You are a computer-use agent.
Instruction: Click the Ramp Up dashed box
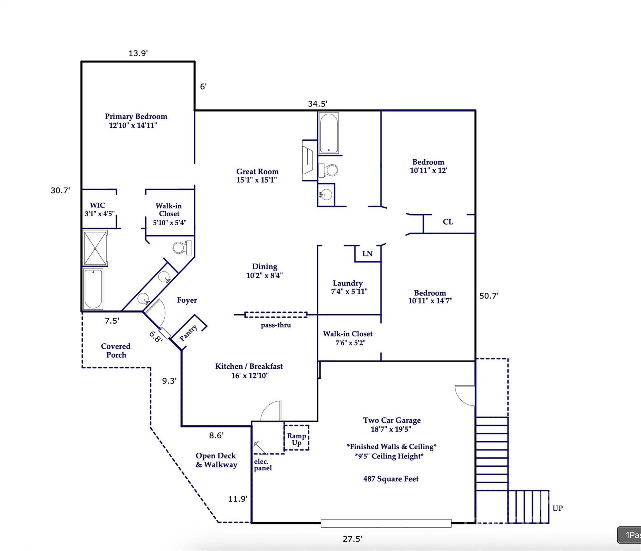point(296,438)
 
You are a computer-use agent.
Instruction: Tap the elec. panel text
point(263,465)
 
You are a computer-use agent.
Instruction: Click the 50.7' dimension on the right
point(489,296)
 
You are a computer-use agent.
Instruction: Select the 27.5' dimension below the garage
point(352,539)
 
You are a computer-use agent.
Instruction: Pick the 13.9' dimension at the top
point(138,53)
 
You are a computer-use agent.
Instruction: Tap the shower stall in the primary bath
point(95,248)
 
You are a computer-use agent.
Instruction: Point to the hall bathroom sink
point(326,195)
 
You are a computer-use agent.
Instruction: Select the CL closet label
point(448,222)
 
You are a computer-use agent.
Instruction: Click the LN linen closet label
point(367,254)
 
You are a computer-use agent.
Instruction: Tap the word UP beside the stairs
point(557,508)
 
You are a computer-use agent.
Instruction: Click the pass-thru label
point(276,325)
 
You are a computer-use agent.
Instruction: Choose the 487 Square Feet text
point(391,479)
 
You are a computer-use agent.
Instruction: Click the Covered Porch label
point(116,350)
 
